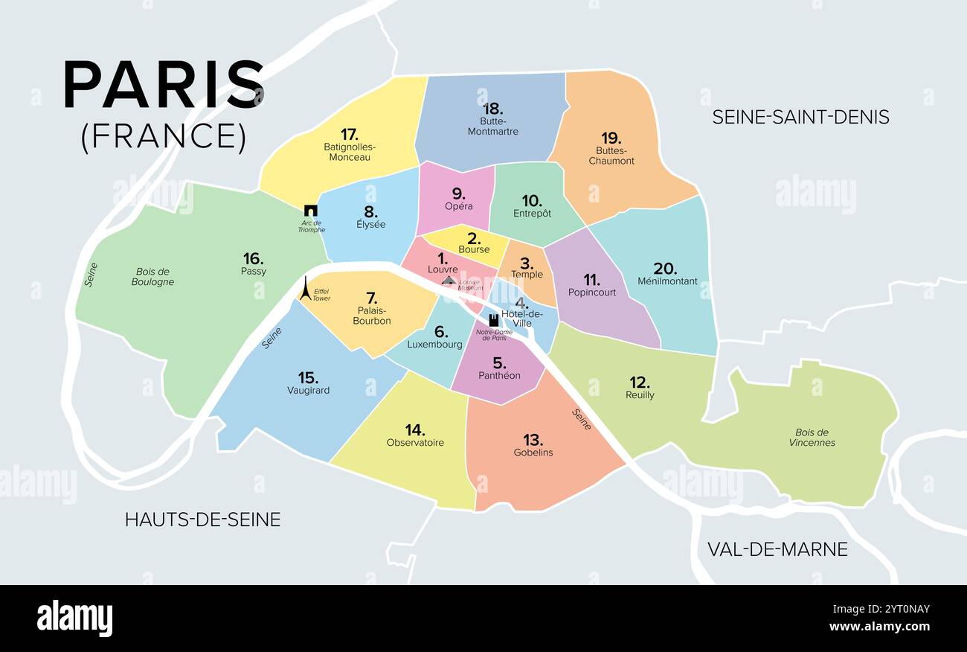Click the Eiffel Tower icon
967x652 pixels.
(x=305, y=289)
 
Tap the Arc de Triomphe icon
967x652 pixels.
(x=311, y=211)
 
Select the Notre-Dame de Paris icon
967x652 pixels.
(x=492, y=320)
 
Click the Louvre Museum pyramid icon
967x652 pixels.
(x=449, y=281)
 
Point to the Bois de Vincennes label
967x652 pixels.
(x=812, y=438)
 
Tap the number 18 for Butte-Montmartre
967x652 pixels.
(x=492, y=109)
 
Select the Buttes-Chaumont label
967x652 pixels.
(x=611, y=156)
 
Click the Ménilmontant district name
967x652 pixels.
(x=667, y=281)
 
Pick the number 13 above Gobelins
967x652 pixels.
(x=533, y=439)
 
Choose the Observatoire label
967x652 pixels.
(x=415, y=443)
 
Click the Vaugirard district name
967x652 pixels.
(x=308, y=390)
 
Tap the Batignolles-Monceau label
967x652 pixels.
(x=350, y=152)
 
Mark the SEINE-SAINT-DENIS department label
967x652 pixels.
(x=800, y=117)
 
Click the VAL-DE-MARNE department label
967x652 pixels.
(x=777, y=549)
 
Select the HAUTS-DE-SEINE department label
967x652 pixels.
(x=202, y=520)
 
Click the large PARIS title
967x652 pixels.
(x=164, y=86)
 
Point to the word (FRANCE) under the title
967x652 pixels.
(x=164, y=136)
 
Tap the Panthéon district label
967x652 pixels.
(x=499, y=376)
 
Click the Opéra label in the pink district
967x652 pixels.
(x=458, y=206)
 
